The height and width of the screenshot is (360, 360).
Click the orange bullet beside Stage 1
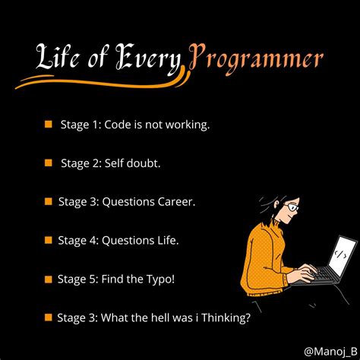(x=48, y=124)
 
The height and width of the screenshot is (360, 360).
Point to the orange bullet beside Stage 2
(x=48, y=163)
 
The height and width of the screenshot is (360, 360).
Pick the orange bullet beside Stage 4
(x=48, y=240)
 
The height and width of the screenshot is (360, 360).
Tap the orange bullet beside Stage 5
(x=48, y=279)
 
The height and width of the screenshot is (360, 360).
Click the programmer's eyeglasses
(x=292, y=208)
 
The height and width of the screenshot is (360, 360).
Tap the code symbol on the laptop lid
(x=344, y=251)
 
